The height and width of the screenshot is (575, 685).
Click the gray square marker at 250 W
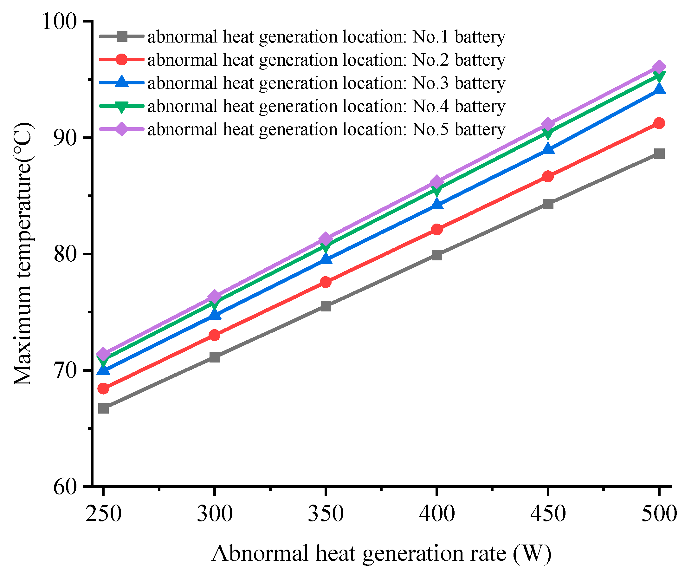coord(103,408)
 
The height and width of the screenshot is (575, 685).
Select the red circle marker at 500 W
coord(659,123)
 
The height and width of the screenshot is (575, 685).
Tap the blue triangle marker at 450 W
coord(548,149)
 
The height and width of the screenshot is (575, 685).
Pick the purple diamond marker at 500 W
coord(659,67)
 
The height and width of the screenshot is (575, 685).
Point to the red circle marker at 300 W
coord(215,335)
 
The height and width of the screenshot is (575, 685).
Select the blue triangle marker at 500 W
coord(659,89)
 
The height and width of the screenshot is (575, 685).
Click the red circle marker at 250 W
coord(103,388)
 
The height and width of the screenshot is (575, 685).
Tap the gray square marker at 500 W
coord(659,154)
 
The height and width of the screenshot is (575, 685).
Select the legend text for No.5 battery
coord(326,129)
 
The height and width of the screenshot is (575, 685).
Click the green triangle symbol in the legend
coord(121,107)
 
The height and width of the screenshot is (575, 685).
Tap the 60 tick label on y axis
coord(65,487)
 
